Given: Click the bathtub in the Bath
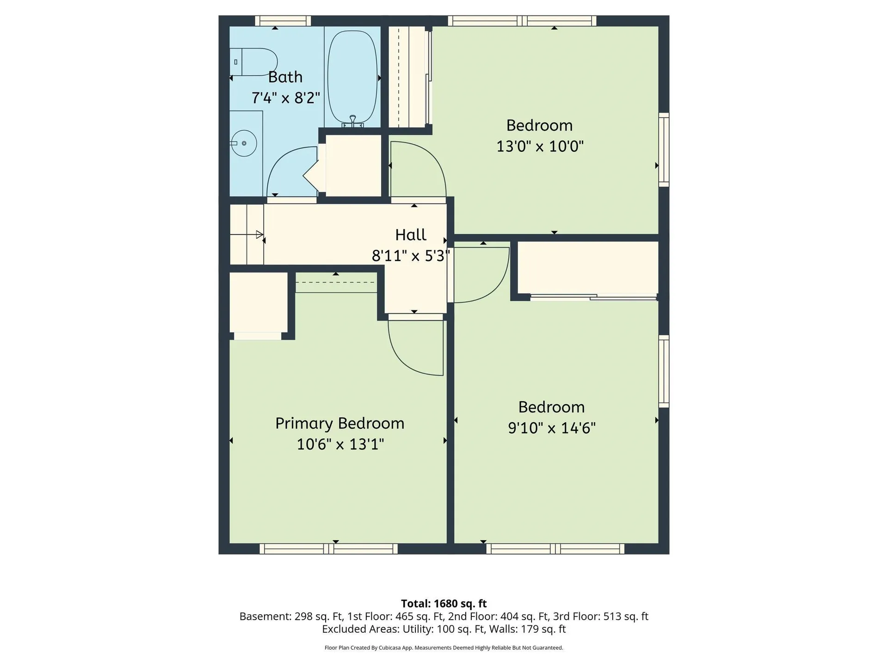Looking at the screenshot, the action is (352, 77).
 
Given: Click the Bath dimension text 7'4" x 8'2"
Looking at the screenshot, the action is (285, 98).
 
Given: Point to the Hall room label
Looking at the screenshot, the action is (411, 235).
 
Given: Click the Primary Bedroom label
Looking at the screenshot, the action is (340, 424).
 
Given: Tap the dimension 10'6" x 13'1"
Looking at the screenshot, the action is (340, 444).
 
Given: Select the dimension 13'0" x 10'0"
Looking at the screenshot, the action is (540, 147).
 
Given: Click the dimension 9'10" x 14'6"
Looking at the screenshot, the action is (552, 428).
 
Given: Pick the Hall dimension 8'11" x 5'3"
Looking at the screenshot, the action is (411, 256).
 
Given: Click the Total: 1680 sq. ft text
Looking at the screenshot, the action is (444, 604).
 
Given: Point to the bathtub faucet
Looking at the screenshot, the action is (353, 121).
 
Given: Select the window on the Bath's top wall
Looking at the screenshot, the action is (283, 21).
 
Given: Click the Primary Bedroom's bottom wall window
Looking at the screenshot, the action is (328, 549).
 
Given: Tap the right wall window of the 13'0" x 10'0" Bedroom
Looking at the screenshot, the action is (664, 150).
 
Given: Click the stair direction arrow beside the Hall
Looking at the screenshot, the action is (260, 234).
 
